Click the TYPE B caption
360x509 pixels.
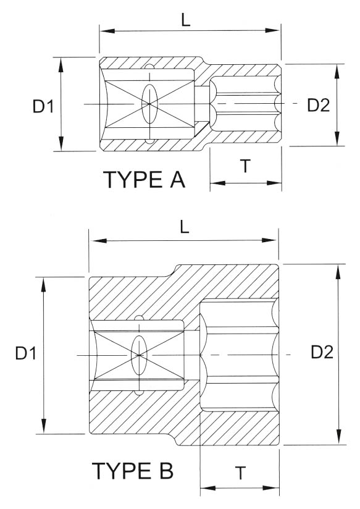click(133, 471)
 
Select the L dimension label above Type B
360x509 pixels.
click(185, 227)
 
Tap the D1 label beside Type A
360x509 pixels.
click(43, 107)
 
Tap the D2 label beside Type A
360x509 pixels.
click(318, 105)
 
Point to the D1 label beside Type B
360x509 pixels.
click(28, 354)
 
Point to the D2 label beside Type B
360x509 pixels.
click(322, 352)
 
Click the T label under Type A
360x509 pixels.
click(245, 166)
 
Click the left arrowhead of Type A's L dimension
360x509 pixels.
click(104, 30)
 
